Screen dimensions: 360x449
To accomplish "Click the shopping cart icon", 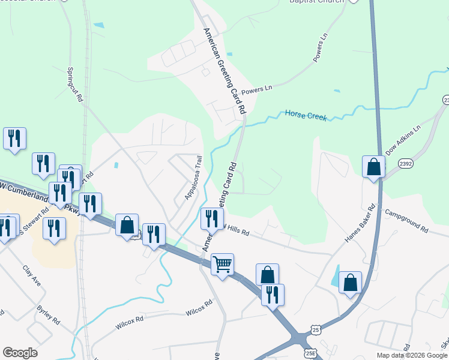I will click(223, 264).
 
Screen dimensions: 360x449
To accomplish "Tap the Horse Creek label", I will click(306, 115).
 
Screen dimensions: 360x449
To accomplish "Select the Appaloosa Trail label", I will click(191, 178).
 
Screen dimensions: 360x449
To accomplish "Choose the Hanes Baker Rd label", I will click(360, 223).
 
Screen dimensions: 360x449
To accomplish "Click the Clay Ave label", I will click(31, 275).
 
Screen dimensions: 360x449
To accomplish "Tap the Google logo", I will click(20, 353).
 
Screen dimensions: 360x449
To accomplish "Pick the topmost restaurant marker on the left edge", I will click(14, 138).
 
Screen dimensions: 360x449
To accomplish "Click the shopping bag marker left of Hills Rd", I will click(127, 225).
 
